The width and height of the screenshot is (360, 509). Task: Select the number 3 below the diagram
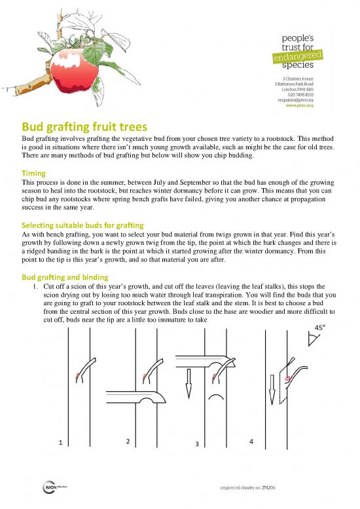195,445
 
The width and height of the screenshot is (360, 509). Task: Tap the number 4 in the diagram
251,440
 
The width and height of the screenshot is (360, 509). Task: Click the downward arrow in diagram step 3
188,383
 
